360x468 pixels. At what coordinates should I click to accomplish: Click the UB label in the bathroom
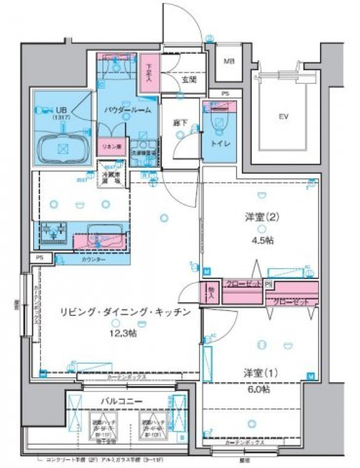click(60, 111)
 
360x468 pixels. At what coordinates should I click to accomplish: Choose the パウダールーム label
click(127, 110)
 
